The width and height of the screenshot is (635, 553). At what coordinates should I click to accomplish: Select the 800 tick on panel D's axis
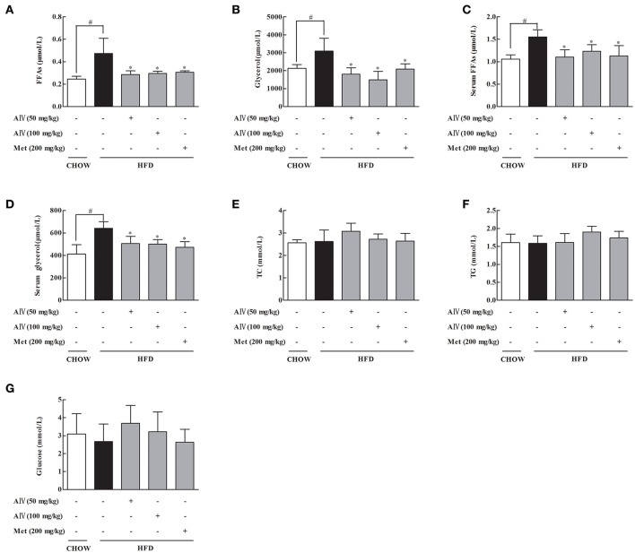(x=57, y=211)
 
